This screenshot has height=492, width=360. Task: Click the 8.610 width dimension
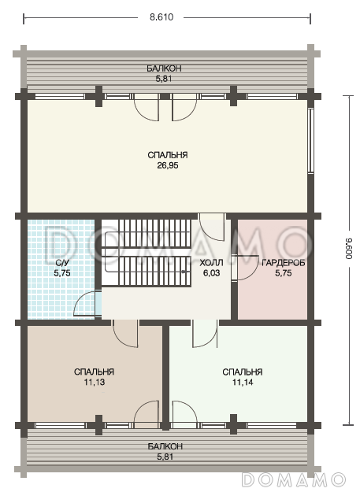click(x=161, y=17)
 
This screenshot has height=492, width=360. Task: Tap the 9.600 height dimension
click(x=349, y=248)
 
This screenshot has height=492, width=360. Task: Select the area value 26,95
click(x=168, y=165)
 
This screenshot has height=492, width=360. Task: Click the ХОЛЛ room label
click(x=211, y=263)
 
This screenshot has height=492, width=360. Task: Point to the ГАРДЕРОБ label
click(x=283, y=263)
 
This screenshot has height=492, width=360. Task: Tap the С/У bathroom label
click(x=62, y=263)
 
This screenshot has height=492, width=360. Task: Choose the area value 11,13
click(x=95, y=382)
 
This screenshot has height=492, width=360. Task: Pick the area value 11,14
click(x=243, y=382)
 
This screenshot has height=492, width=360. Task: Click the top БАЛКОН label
click(x=164, y=68)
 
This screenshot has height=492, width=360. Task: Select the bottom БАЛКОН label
click(x=165, y=446)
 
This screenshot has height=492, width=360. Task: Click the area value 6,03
click(x=211, y=273)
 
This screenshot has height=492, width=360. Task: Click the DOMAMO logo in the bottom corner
click(x=293, y=479)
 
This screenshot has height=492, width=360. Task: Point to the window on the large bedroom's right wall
click(x=310, y=141)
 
